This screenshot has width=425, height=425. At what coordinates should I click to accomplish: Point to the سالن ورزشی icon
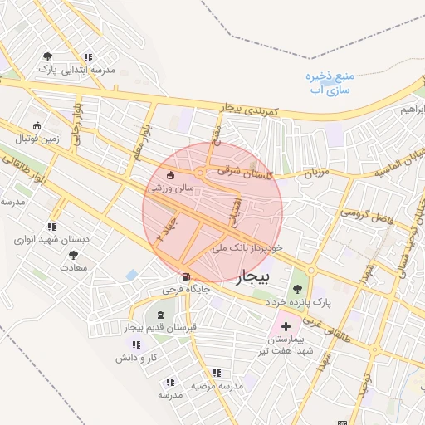click(171, 175)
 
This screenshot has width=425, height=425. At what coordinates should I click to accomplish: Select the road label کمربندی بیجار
click(253, 108)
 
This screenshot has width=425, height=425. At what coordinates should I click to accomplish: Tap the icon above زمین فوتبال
click(36, 125)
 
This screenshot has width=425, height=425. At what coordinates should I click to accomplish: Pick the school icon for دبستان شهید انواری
click(51, 226)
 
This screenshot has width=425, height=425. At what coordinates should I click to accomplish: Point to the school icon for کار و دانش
click(136, 344)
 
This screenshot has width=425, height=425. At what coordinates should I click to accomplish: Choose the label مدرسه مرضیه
click(217, 386)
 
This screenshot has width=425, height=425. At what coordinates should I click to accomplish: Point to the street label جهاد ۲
click(163, 230)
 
